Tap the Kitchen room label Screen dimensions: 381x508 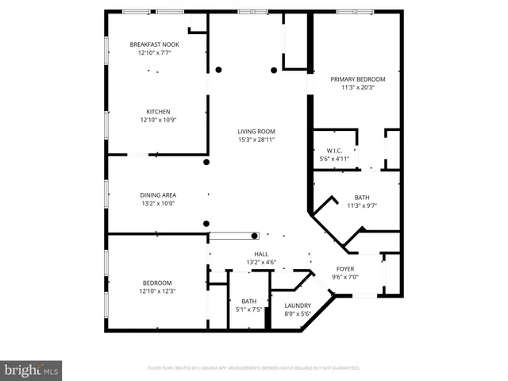coord(158,112)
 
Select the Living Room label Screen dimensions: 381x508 coord(257,132)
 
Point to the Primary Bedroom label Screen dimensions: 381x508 coord(357,79)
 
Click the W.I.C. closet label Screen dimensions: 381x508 coord(334,151)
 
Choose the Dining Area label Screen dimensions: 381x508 coord(158,195)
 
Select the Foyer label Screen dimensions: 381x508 coord(345,269)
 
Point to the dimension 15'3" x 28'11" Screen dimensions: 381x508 coord(257,140)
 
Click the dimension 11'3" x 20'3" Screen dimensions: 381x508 coord(357,88)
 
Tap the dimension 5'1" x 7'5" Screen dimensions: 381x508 coord(248,310)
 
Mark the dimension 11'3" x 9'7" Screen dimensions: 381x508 coord(361,206)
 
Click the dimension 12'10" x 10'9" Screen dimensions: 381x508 coord(158,121)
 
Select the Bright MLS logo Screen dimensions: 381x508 coord(32,370)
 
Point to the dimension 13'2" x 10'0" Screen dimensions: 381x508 coord(158,204)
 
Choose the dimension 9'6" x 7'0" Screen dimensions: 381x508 coord(345,277)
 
